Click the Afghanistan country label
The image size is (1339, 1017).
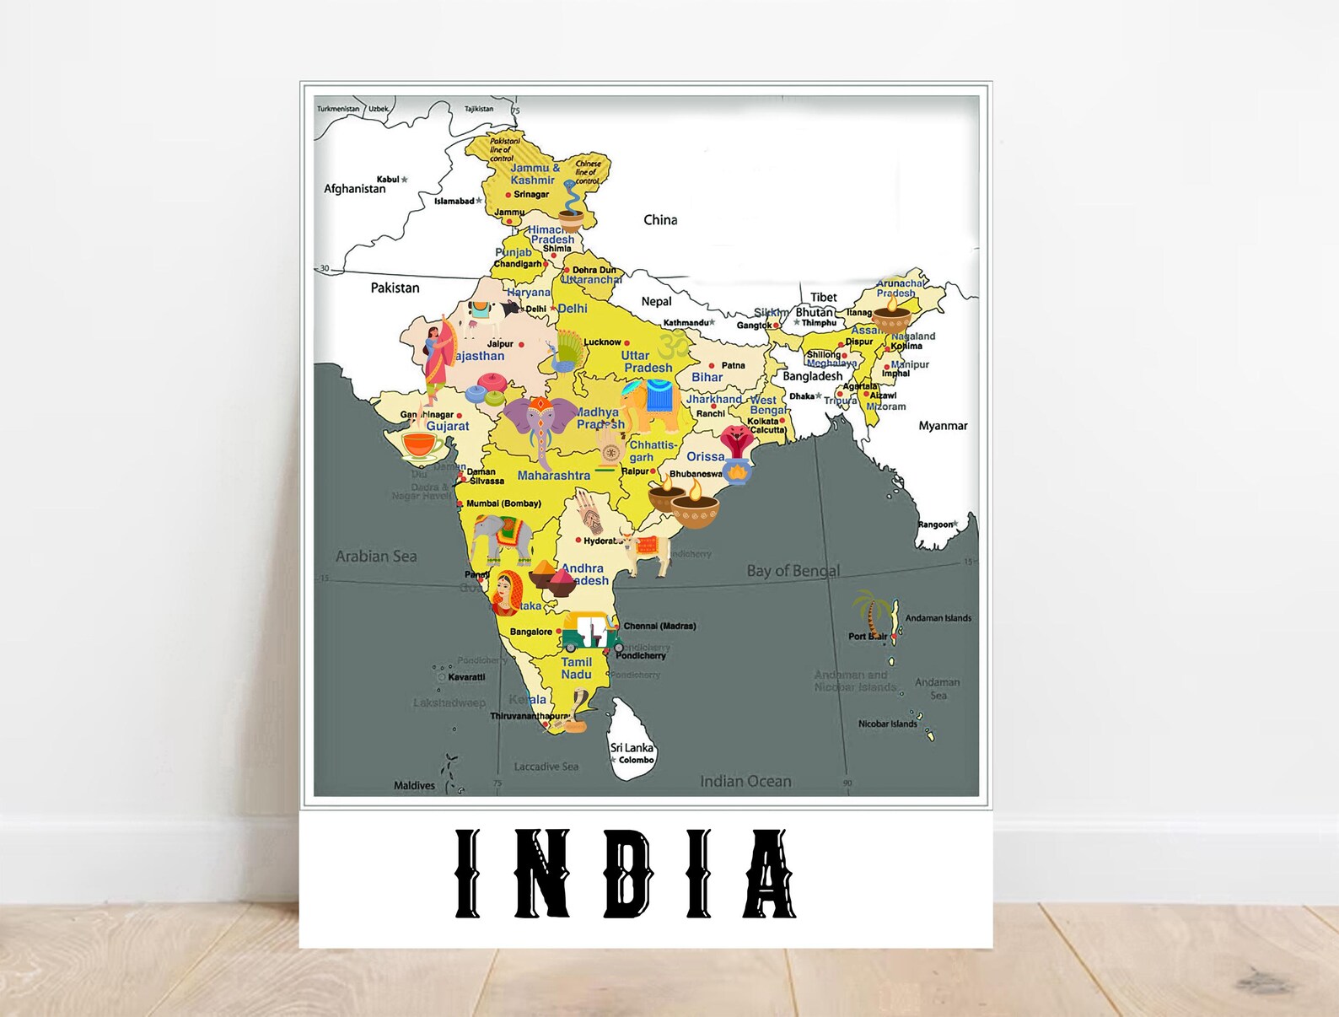tap(354, 189)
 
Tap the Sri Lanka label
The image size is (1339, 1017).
tap(632, 748)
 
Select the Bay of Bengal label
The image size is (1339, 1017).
tap(793, 571)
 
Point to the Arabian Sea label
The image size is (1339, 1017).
tap(376, 557)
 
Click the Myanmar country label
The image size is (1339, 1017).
tap(943, 426)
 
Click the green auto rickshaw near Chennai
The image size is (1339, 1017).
tap(591, 631)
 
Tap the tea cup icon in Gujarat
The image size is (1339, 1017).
tap(422, 444)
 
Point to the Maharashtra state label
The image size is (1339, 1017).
tap(553, 476)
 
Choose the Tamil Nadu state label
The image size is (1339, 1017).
tap(577, 668)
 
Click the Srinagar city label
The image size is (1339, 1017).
tap(531, 195)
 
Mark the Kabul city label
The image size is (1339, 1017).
tap(388, 179)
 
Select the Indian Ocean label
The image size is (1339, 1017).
tap(745, 782)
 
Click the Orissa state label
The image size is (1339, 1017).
tap(705, 457)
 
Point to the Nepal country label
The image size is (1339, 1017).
tap(656, 302)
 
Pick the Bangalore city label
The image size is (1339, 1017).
tap(531, 632)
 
